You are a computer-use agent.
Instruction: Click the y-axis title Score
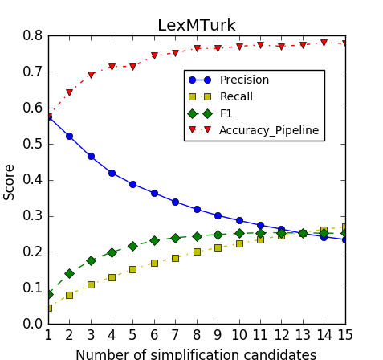[10, 181]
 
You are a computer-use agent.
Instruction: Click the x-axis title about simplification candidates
[196, 354]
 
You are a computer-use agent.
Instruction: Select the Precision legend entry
[244, 80]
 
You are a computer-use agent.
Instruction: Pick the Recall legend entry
[236, 97]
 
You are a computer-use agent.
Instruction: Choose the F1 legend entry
[226, 114]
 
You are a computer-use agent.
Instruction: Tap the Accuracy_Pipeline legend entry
[269, 130]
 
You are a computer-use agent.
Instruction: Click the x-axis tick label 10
[239, 334]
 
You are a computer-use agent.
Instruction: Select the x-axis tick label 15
[345, 334]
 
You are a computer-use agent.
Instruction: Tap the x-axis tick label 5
[133, 334]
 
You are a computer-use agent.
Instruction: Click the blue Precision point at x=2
[69, 136]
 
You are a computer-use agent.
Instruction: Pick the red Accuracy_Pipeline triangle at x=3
[91, 75]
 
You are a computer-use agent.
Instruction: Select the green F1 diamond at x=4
[112, 252]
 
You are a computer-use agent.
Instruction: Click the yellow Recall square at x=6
[154, 263]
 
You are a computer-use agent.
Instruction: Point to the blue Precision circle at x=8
[197, 209]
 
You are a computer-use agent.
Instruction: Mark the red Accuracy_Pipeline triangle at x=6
[154, 56]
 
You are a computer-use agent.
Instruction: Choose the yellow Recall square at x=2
[69, 295]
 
